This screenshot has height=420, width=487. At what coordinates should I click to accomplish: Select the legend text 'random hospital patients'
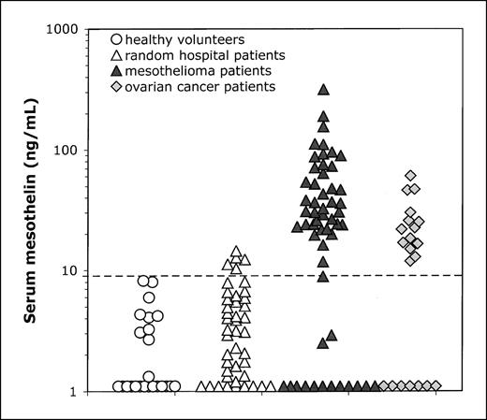(x=180, y=56)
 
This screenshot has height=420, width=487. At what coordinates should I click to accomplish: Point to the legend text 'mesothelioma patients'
(x=173, y=71)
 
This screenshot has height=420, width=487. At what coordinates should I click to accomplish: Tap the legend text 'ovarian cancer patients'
(x=178, y=87)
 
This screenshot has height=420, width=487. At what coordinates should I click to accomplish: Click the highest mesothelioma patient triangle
(x=323, y=90)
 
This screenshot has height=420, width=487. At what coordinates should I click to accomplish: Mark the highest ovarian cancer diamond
(x=410, y=176)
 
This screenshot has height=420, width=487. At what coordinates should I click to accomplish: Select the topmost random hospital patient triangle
(x=237, y=251)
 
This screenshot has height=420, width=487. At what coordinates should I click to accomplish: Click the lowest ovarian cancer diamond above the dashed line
(x=410, y=258)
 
